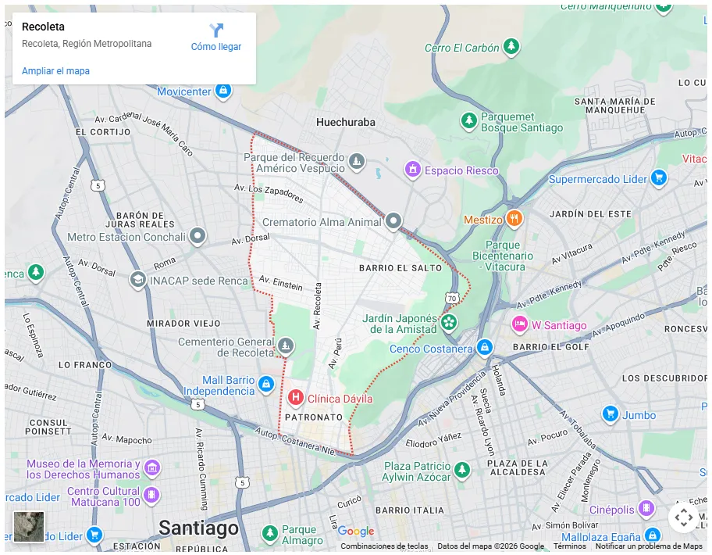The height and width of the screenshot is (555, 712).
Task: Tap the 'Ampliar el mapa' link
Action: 55,71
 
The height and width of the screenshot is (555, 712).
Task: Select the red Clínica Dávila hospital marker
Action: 296,398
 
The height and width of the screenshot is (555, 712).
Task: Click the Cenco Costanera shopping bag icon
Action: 485,346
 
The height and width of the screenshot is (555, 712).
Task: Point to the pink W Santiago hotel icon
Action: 519,324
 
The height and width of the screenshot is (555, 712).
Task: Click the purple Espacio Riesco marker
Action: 412,169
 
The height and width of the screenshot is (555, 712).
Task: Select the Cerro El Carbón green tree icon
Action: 511,47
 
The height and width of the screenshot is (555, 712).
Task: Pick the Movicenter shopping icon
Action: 224,91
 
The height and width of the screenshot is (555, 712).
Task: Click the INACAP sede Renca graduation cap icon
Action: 138,279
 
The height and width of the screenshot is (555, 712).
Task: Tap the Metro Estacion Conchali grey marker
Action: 198,236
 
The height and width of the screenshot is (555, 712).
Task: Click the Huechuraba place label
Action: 345,122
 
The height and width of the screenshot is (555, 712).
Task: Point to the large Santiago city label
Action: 198,528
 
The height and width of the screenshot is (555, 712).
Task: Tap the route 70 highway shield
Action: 452,298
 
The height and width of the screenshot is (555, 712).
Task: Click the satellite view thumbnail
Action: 29,526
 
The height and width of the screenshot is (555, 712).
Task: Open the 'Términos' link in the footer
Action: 569,546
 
